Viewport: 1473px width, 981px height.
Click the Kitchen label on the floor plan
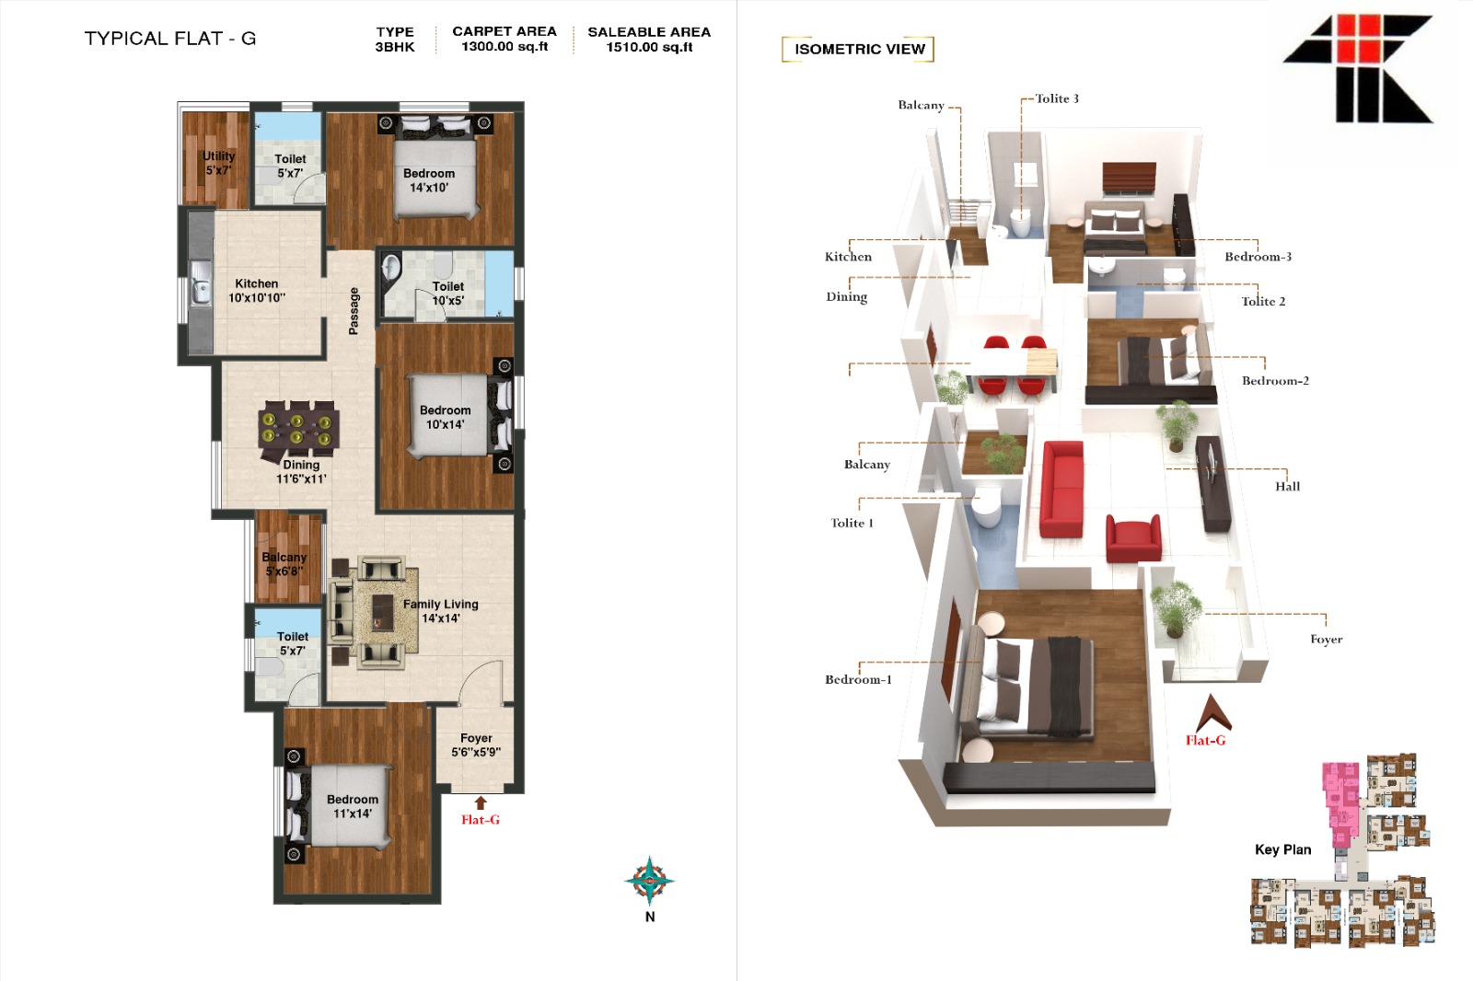point(257,283)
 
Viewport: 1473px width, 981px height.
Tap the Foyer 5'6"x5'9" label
point(476,745)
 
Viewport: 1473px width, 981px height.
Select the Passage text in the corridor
point(354,311)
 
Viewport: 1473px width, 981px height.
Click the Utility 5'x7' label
point(218,163)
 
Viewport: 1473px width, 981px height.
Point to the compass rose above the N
point(650,881)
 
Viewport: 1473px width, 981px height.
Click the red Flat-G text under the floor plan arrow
point(480,820)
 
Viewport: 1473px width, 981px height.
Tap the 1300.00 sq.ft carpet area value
point(505,47)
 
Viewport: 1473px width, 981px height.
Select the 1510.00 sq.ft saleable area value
point(649,47)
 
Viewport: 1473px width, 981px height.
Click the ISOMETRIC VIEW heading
point(860,50)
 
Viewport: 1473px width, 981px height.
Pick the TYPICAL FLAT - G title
point(170,38)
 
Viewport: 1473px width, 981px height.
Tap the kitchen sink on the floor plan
point(201,283)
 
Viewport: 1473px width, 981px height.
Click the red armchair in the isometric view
point(1133,538)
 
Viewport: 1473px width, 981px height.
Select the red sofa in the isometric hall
point(1062,489)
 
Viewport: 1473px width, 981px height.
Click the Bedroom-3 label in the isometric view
point(1258,257)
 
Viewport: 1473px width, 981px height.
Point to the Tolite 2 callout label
point(1263,301)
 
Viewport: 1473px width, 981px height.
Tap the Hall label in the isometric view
point(1288,487)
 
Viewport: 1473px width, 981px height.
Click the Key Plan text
point(1283,849)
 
